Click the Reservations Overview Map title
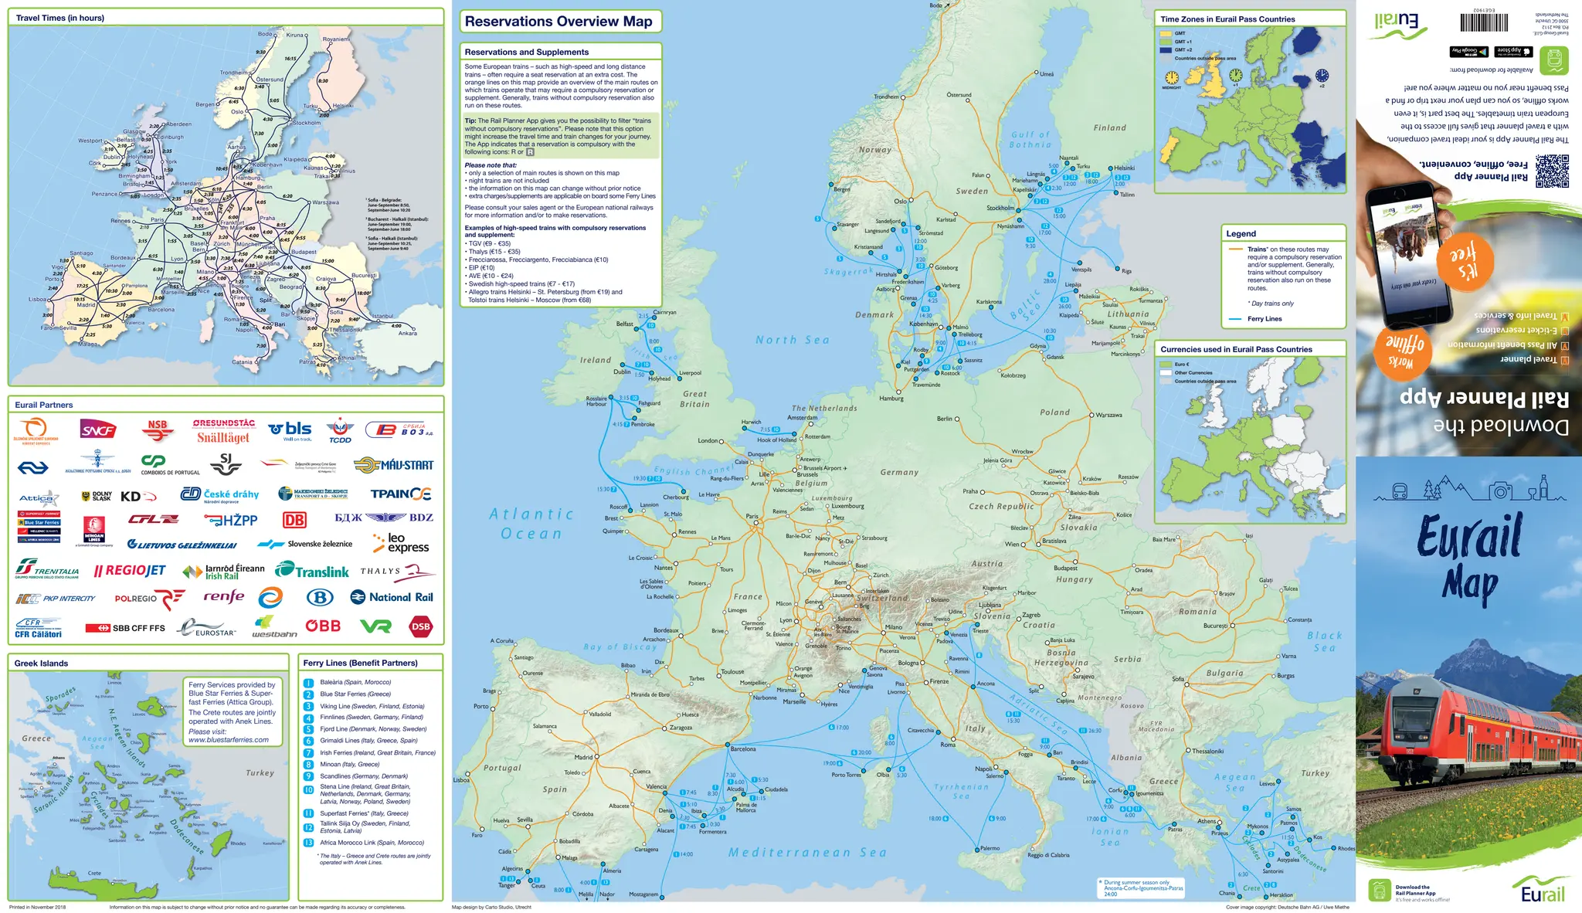[558, 22]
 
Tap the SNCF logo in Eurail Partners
[98, 430]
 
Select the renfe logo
[224, 596]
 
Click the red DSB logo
[421, 626]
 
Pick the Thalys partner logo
[398, 572]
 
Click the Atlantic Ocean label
[531, 524]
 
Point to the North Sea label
[793, 340]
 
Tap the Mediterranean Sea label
[807, 853]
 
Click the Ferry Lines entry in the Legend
[1264, 319]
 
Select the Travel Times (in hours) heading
[60, 18]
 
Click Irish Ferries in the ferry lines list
[377, 752]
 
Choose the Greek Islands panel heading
[41, 663]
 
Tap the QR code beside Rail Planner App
[1552, 171]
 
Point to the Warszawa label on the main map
[1108, 416]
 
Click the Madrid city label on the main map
[583, 758]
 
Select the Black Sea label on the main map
[1324, 641]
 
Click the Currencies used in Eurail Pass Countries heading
[1236, 349]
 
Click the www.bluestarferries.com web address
[229, 740]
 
